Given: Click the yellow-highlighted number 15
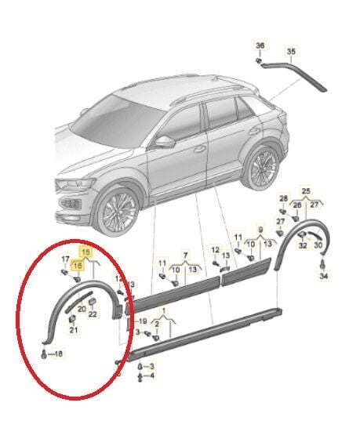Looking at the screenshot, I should [x=85, y=254].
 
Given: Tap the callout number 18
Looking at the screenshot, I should [x=57, y=355].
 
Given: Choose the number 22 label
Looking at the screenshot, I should [x=93, y=315].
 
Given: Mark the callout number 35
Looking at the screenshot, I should [x=291, y=52].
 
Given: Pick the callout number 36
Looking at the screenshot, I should [x=260, y=45].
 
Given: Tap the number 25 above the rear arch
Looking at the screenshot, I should [x=307, y=191].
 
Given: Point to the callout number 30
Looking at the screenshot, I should [x=319, y=245].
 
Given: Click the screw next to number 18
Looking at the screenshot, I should [x=44, y=354].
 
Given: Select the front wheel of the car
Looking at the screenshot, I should [x=116, y=211].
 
